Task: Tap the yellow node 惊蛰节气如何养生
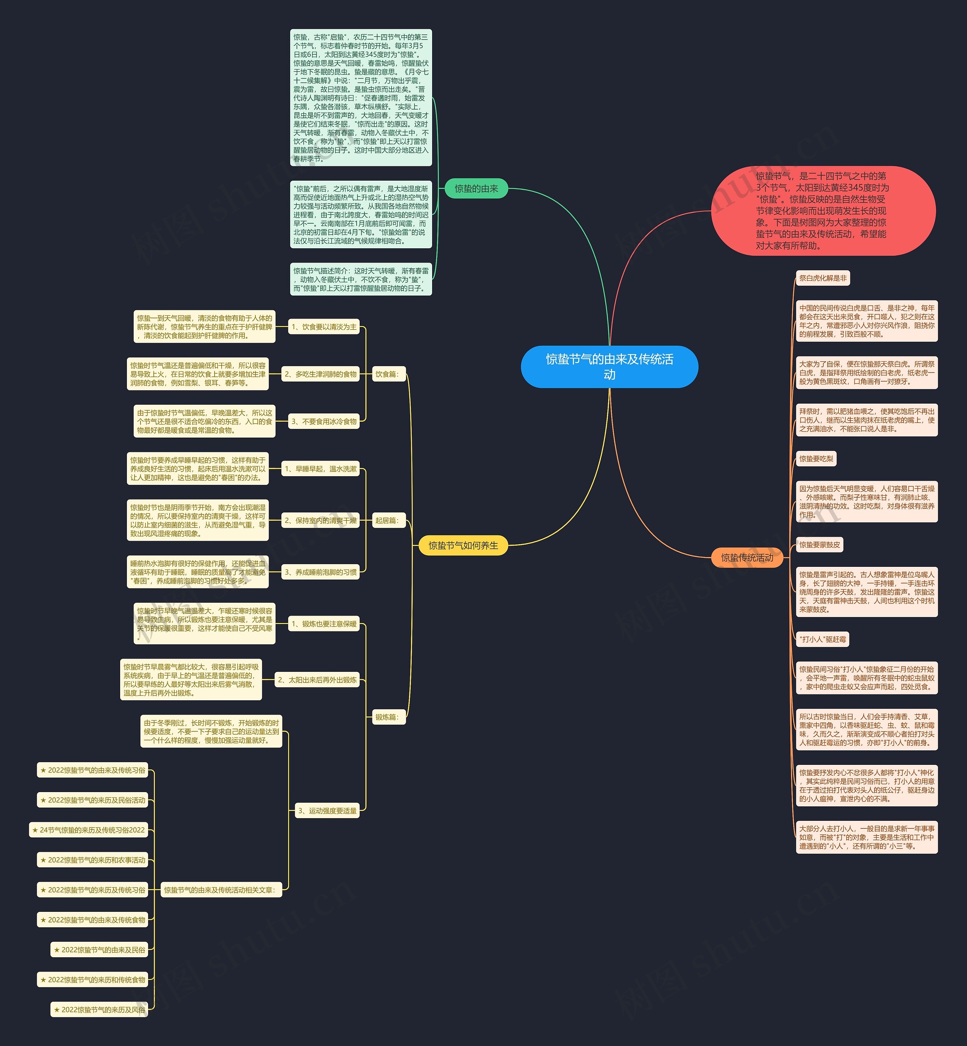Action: pos(463,546)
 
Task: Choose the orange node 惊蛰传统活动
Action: pos(747,557)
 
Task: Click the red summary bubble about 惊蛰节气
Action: pos(823,210)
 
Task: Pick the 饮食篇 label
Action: pos(387,374)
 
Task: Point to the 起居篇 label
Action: pos(387,520)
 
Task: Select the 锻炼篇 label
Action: pos(387,717)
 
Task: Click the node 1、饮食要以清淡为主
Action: pos(324,326)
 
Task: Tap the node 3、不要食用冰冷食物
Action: pos(324,421)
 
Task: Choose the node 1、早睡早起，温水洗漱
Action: pos(320,469)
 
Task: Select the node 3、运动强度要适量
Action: pos(327,811)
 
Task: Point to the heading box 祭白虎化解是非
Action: pos(823,278)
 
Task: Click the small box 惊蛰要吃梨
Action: pos(816,459)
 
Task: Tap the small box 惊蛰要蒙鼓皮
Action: pos(819,545)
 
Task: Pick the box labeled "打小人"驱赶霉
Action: pos(822,639)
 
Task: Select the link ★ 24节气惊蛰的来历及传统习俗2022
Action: pos(88,830)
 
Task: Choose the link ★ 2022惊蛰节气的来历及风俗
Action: pos(99,1009)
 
